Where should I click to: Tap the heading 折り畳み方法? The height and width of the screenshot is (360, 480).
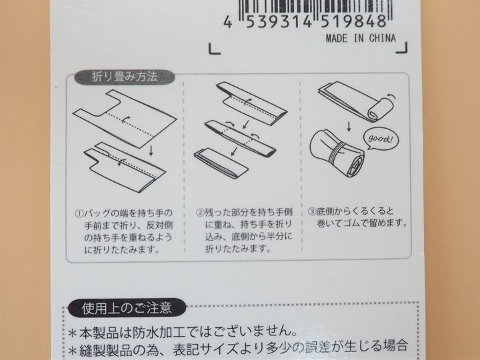tap(125, 77)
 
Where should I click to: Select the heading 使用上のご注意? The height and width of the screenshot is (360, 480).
tap(127, 308)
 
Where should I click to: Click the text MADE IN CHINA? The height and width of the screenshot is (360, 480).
tap(361, 38)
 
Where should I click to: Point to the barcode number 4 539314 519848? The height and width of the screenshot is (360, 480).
tap(305, 21)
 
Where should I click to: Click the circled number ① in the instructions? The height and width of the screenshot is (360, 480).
tap(79, 213)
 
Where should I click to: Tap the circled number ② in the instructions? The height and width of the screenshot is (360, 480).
tap(200, 212)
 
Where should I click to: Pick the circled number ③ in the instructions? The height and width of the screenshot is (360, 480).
tap(311, 211)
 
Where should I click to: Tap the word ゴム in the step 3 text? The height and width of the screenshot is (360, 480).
tap(350, 223)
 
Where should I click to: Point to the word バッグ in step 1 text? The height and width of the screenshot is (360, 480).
tap(95, 213)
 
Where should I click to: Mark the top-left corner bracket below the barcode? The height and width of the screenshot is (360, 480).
tap(214, 49)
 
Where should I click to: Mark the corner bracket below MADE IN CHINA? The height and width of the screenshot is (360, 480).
tap(401, 48)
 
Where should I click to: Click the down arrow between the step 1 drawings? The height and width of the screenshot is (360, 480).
tap(151, 151)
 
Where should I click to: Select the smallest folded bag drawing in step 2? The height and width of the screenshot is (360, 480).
tap(221, 163)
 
